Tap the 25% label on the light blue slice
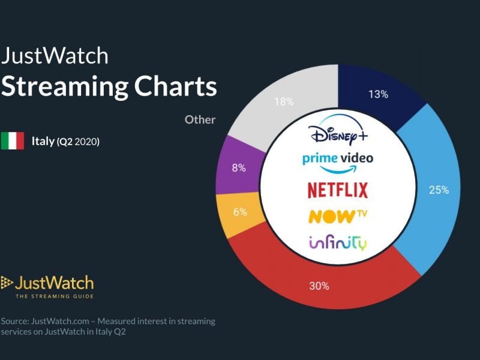pyautogui.click(x=439, y=190)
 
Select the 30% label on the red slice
pyautogui.click(x=320, y=286)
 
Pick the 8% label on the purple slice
pyautogui.click(x=239, y=168)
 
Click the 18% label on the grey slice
pyautogui.click(x=284, y=101)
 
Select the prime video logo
pyautogui.click(x=338, y=159)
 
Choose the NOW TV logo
pyautogui.click(x=338, y=216)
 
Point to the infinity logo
pyautogui.click(x=338, y=243)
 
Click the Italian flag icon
pyautogui.click(x=12, y=141)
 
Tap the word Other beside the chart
pyautogui.click(x=200, y=119)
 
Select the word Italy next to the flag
pyautogui.click(x=43, y=142)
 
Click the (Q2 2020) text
pyautogui.click(x=78, y=142)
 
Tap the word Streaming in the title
pyautogui.click(x=65, y=87)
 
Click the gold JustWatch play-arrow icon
pyautogui.click(x=7, y=282)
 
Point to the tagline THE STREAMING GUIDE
pyautogui.click(x=55, y=295)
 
